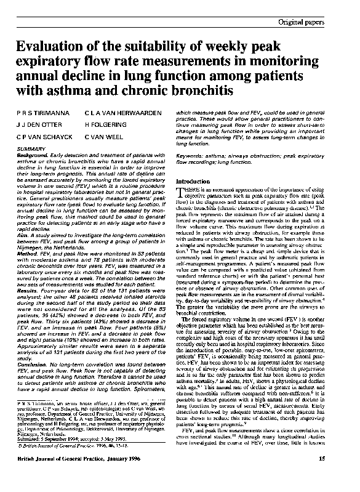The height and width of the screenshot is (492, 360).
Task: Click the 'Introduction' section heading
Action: pyautogui.click(x=193, y=182)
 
